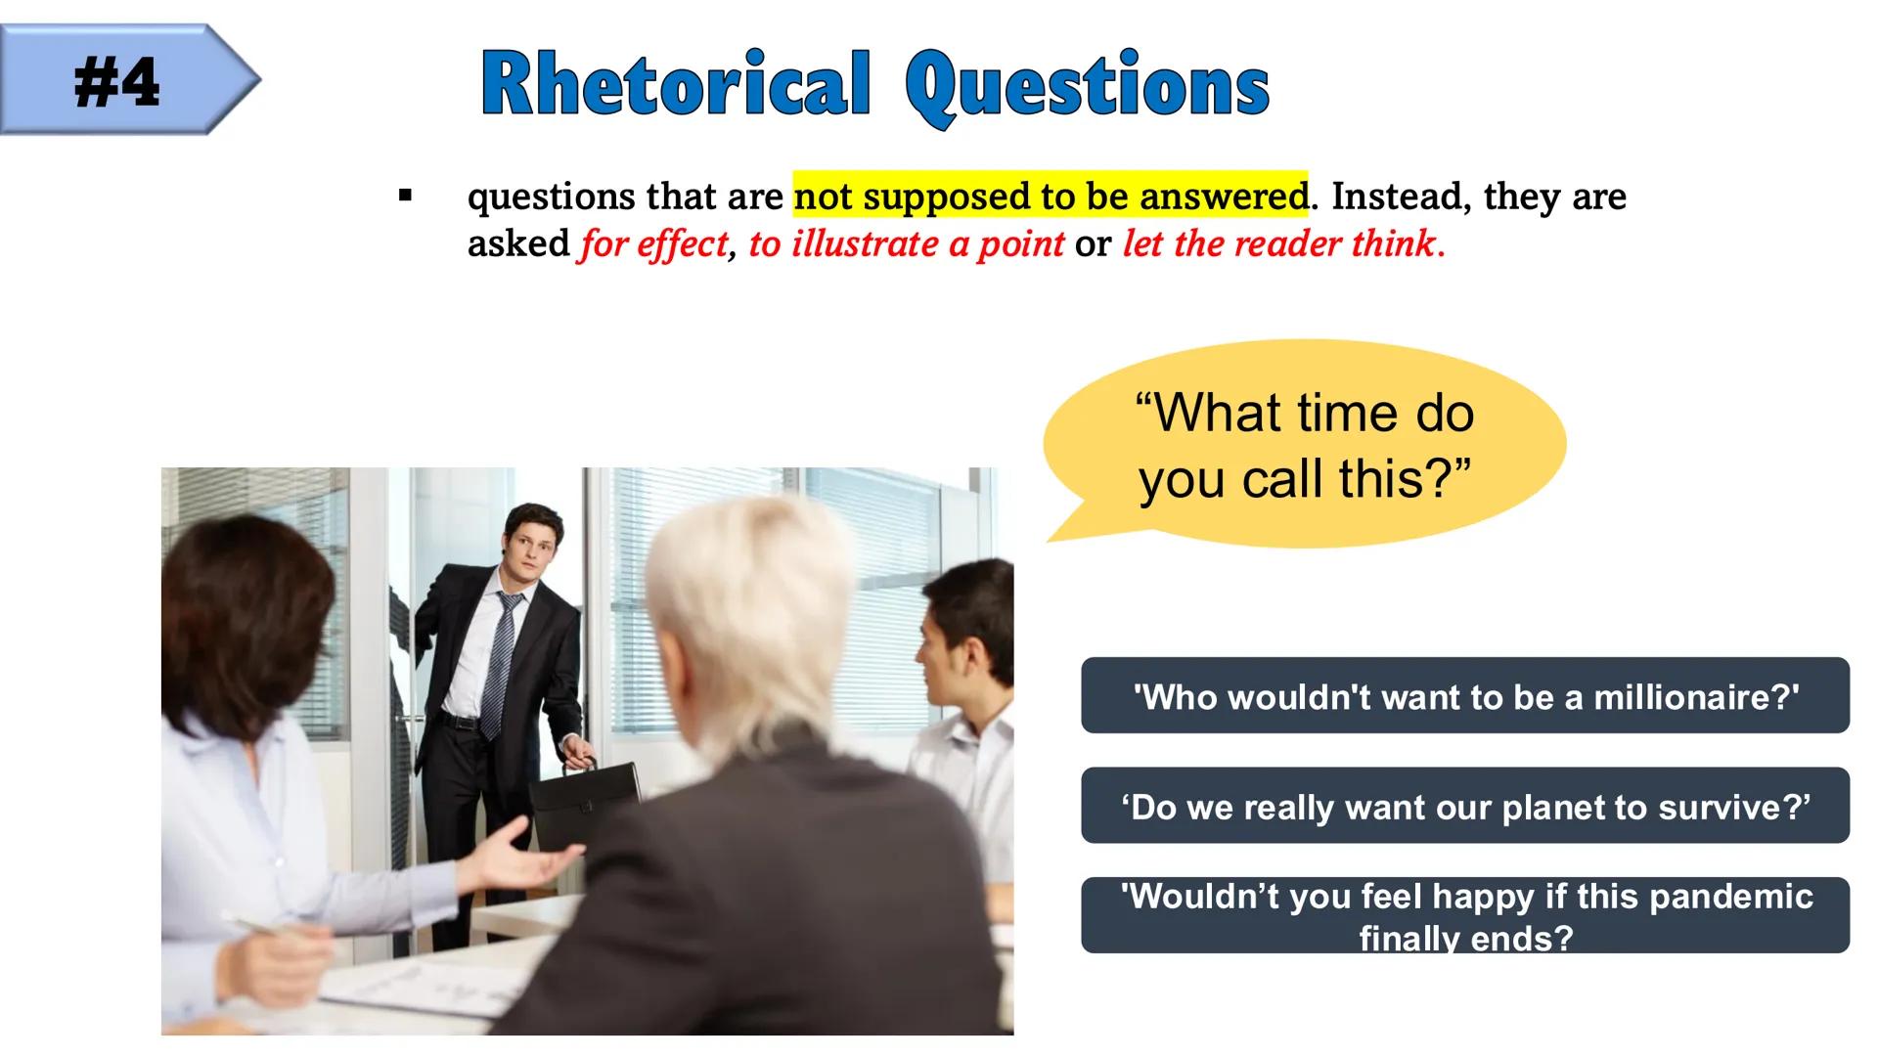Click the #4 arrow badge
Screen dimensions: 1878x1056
(129, 80)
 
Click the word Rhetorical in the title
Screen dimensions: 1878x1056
(675, 85)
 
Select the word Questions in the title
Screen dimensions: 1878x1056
(1088, 88)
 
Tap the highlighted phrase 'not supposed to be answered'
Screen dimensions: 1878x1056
(1051, 196)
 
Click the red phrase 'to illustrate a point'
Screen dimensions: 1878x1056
(907, 243)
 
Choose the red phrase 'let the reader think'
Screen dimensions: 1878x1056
(1279, 243)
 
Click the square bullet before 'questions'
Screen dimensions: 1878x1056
(405, 197)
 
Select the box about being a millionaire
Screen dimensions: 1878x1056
(1465, 695)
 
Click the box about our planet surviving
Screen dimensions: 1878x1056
(1465, 806)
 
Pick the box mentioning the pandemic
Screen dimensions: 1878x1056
(1465, 915)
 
